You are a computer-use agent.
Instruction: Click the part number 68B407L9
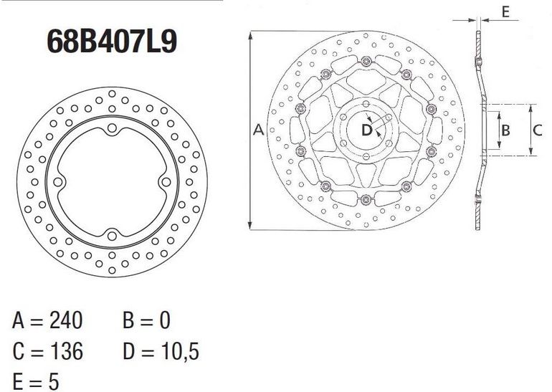pyautogui.click(x=112, y=41)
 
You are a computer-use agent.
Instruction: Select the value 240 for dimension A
pyautogui.click(x=66, y=320)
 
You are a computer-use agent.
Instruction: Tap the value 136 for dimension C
pyautogui.click(x=67, y=351)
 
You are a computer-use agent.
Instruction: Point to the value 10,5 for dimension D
pyautogui.click(x=180, y=352)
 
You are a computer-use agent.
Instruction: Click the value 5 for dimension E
pyautogui.click(x=54, y=381)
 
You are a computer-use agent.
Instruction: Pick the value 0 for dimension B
pyautogui.click(x=164, y=320)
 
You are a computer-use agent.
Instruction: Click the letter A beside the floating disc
pyautogui.click(x=259, y=130)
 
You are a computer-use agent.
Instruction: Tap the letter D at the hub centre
pyautogui.click(x=367, y=130)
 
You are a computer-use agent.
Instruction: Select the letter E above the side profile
pyautogui.click(x=505, y=12)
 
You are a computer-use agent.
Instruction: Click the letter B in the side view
pyautogui.click(x=505, y=130)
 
